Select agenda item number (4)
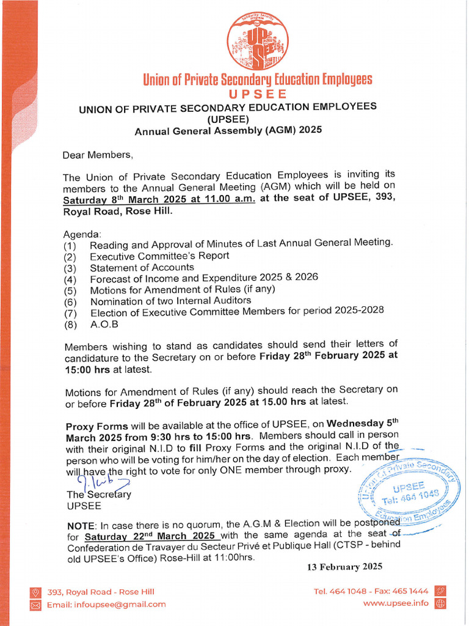click(70, 278)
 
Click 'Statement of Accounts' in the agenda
click(142, 267)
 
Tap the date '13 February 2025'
click(344, 567)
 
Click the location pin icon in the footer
click(35, 592)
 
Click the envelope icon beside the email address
click(35, 605)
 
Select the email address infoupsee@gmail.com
click(106, 605)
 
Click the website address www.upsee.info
click(396, 603)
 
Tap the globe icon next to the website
click(440, 604)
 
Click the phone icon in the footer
click(440, 591)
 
